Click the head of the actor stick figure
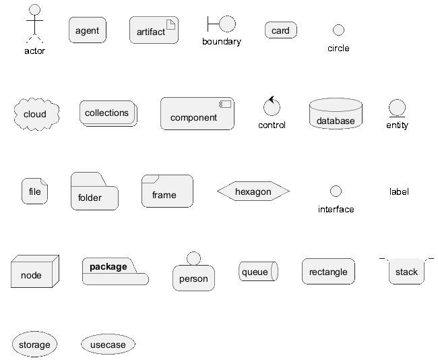(34, 10)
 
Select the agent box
(88, 30)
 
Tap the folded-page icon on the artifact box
(170, 24)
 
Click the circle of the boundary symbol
(227, 24)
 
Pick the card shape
(281, 30)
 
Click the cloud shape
(36, 114)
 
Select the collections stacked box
(108, 113)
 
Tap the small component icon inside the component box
(225, 104)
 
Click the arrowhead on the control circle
(272, 99)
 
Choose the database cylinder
(336, 113)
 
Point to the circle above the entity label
(397, 108)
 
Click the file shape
(34, 191)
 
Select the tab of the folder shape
(88, 179)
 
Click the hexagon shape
(253, 191)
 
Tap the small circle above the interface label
(336, 191)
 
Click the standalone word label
(399, 191)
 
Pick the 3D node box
(35, 271)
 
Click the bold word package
(108, 267)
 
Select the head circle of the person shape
(193, 259)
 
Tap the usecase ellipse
(108, 344)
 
